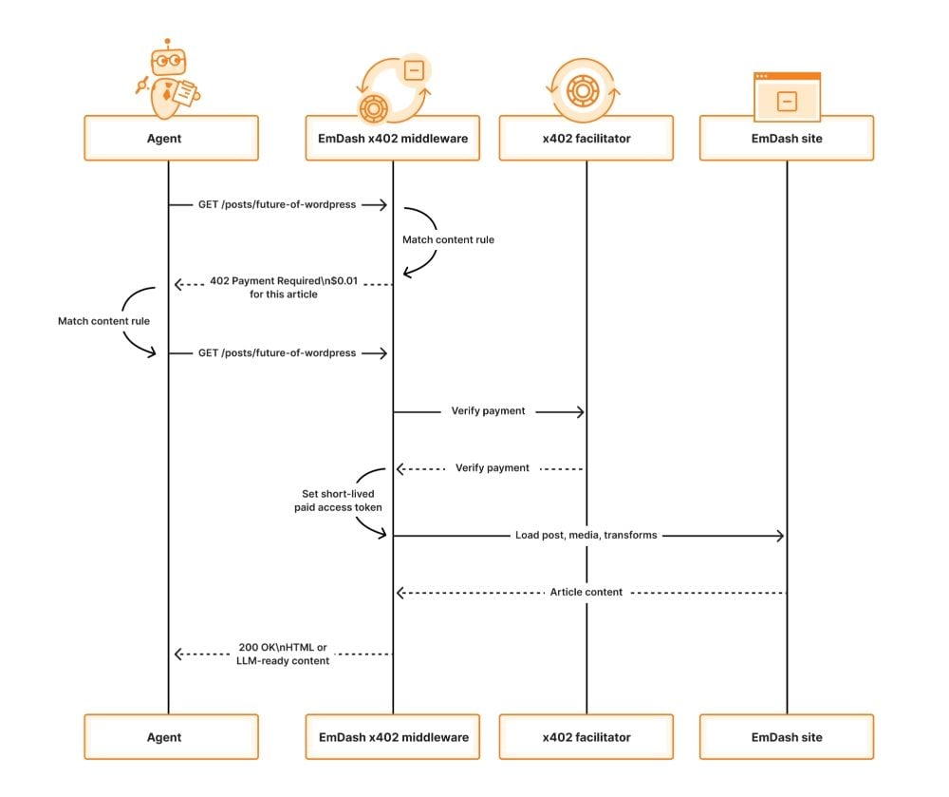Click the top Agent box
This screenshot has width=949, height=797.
pos(171,139)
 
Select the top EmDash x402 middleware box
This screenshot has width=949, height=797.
pos(392,139)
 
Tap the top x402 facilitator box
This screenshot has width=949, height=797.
pos(586,139)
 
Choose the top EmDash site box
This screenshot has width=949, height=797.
pos(786,139)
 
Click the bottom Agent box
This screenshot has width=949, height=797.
pos(171,737)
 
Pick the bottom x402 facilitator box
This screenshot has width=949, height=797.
pos(586,737)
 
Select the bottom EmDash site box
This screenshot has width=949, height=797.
pos(786,737)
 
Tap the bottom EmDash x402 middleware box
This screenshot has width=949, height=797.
pos(392,737)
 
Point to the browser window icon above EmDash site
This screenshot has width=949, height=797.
pos(786,96)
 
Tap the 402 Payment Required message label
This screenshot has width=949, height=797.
pos(283,288)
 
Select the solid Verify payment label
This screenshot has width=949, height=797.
pos(488,411)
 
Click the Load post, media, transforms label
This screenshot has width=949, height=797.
pos(586,536)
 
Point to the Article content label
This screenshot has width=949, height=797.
pos(586,592)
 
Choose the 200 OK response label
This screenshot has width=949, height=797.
pos(283,655)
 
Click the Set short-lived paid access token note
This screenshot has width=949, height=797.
pos(338,501)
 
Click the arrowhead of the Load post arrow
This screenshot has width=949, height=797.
pos(780,536)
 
